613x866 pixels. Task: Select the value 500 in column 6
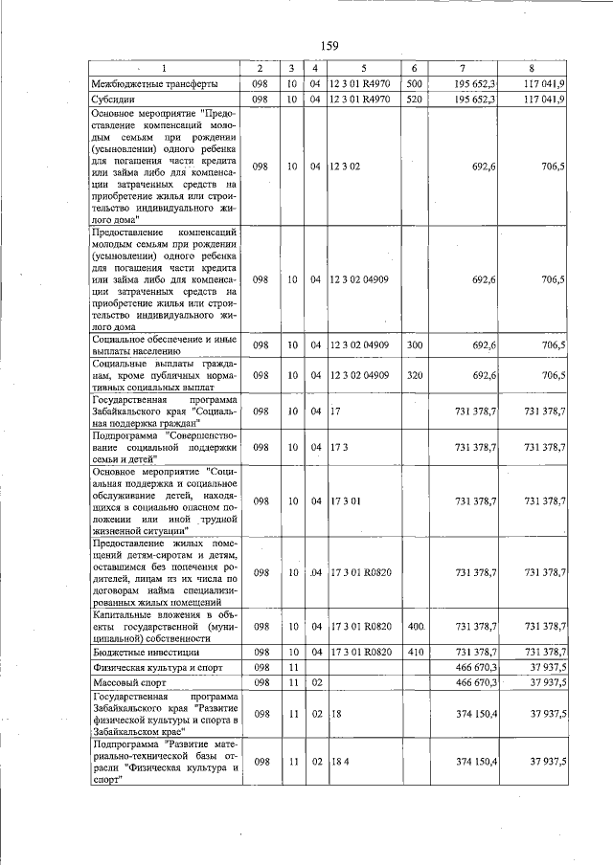415,84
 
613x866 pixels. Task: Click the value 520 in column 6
415,99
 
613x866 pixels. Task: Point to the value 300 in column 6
415,345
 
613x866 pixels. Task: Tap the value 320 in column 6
415,375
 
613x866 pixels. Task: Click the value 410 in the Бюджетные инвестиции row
415,651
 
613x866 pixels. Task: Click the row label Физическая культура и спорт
156,666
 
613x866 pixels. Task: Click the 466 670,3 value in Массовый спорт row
475,682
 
